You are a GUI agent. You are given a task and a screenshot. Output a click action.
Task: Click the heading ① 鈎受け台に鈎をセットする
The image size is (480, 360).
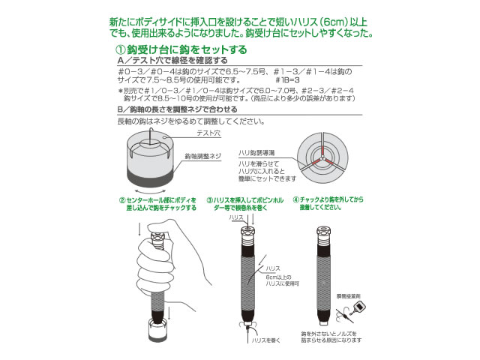(x=174, y=50)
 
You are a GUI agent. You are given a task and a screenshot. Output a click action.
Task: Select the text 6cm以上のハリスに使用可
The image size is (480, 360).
(x=278, y=281)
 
